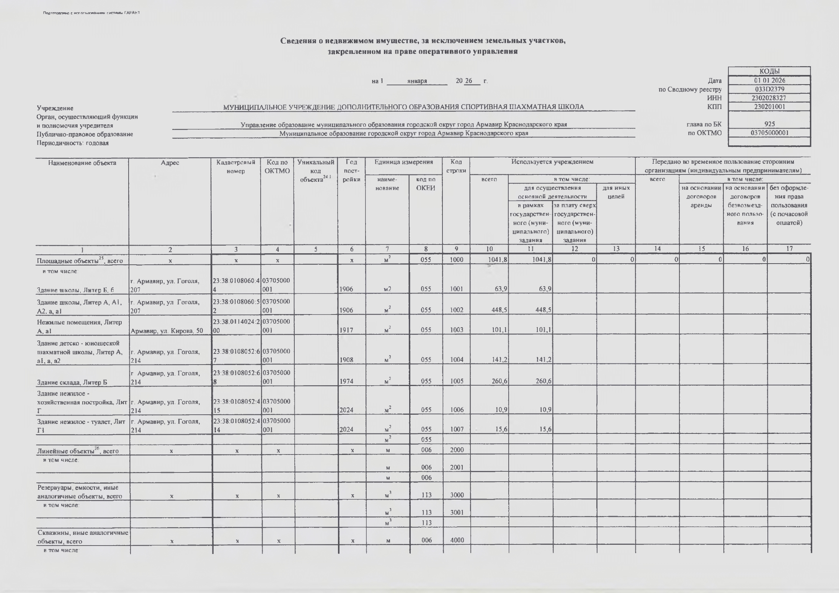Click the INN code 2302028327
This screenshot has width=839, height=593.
tap(769, 98)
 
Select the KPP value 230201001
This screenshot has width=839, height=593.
tap(769, 107)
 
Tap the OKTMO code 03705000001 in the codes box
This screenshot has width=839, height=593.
tap(769, 133)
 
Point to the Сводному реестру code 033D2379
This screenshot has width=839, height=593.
tap(769, 89)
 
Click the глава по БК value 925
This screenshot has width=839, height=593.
tap(769, 124)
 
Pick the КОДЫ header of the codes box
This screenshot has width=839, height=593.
tap(769, 72)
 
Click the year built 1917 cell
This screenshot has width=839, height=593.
tap(347, 330)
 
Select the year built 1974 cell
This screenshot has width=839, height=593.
tap(347, 381)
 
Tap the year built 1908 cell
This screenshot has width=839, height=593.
tap(347, 360)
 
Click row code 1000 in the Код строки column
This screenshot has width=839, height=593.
tap(456, 260)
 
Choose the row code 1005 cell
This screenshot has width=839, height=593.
tap(456, 381)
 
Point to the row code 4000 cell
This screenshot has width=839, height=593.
tap(457, 540)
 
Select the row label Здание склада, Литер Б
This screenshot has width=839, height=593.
tap(72, 382)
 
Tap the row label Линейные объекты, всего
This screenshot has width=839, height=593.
tap(78, 451)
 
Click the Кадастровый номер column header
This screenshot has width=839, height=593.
tap(236, 167)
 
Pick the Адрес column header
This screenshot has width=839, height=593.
tap(170, 163)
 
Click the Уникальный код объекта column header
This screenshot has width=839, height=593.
tap(316, 171)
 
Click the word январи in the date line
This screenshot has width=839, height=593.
tap(417, 81)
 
